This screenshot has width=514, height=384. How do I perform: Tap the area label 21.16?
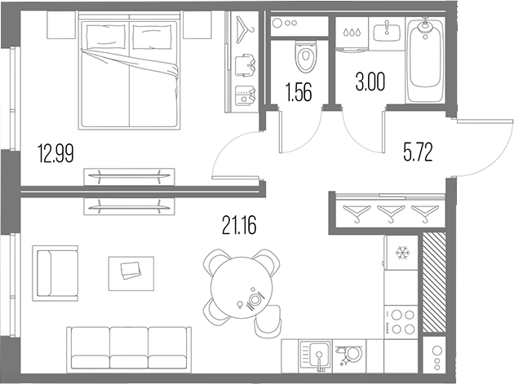[239, 223]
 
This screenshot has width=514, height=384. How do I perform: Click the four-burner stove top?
[401, 320]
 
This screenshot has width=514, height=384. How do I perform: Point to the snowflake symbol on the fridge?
[401, 252]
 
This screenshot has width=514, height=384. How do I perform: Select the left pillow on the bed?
[104, 37]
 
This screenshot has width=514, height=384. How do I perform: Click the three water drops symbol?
[352, 34]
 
